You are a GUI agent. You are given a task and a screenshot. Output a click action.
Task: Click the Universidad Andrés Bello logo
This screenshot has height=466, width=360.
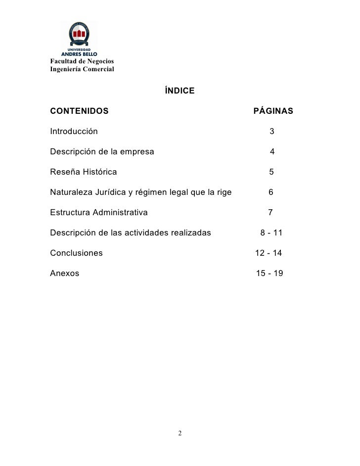pos(79,39)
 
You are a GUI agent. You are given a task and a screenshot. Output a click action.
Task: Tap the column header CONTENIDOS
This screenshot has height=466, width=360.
pos(79,111)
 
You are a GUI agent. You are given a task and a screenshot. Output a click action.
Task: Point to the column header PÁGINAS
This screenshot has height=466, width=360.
pos(273,111)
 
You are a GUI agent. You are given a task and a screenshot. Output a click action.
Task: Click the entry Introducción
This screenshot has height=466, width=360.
pos(74,132)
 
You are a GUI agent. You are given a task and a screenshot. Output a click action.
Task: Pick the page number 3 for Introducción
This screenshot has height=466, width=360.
pos(272,132)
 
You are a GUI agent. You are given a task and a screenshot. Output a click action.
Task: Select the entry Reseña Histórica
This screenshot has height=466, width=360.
pos(84,172)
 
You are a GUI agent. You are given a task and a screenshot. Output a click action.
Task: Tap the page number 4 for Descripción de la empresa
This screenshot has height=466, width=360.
pos(272,152)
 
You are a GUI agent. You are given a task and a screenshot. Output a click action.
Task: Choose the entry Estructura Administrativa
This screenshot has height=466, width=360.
pos(98,213)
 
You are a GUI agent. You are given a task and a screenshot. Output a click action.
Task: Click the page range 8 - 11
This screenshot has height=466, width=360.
pos(271,233)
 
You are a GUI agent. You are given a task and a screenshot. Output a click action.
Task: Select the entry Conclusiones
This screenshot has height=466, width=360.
pos(77,253)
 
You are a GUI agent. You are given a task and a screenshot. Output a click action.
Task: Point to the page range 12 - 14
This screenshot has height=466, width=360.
pos(269,253)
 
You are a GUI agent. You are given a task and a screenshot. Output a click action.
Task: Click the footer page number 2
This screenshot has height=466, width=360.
pos(180,434)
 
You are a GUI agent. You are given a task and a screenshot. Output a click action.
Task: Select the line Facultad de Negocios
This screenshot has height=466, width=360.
pos(82,61)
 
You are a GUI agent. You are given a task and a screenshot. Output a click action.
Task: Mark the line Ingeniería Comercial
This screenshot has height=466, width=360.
pos(82,69)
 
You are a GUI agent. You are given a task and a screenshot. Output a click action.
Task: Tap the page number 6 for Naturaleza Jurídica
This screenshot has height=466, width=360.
pos(271,192)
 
